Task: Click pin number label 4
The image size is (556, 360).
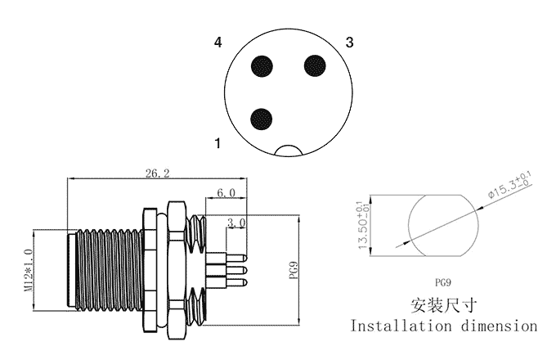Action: click(x=217, y=43)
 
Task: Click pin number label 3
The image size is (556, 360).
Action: click(x=349, y=43)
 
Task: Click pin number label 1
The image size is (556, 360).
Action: click(x=217, y=143)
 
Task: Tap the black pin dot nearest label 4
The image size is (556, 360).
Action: click(x=262, y=66)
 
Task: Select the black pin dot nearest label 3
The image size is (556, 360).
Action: click(x=315, y=65)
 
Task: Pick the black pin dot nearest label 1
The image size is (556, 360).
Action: click(x=261, y=119)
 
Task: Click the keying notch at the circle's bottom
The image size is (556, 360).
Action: click(x=289, y=150)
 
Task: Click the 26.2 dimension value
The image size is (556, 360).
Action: click(x=158, y=173)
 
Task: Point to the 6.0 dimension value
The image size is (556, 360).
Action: click(x=226, y=193)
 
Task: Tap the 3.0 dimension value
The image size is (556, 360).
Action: click(x=236, y=223)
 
